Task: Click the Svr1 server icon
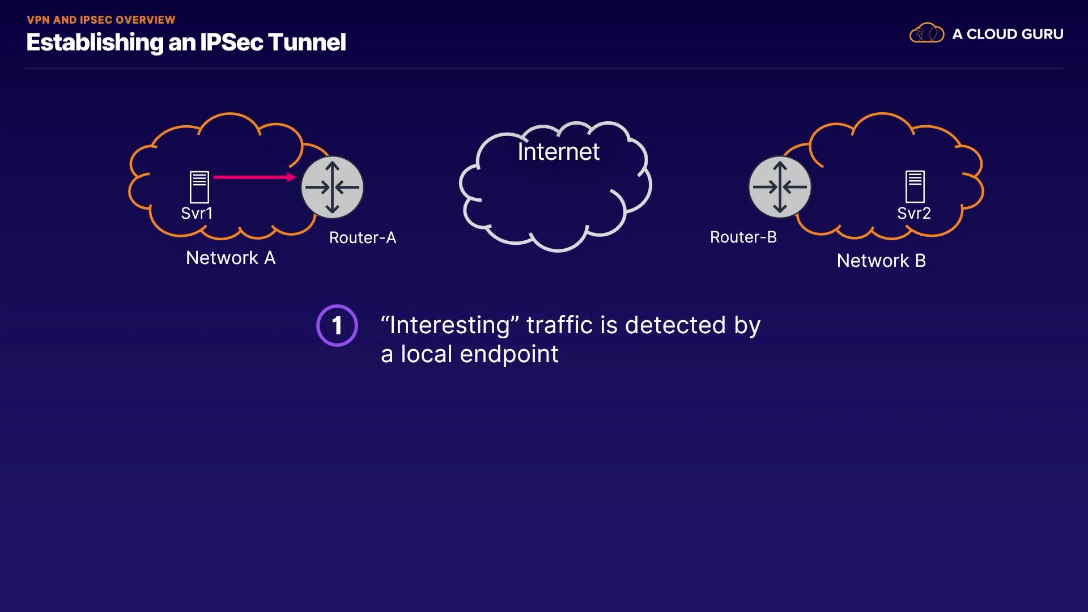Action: [199, 186]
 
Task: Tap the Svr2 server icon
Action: [915, 186]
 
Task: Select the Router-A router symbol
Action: [332, 187]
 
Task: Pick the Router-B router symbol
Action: [780, 187]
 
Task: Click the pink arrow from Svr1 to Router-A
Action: [254, 177]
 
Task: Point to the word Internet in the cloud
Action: [558, 152]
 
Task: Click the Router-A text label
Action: [363, 237]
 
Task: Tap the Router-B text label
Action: [743, 237]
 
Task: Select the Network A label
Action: [231, 258]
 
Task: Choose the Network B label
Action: [881, 261]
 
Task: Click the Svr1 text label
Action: [197, 213]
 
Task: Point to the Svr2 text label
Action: [913, 213]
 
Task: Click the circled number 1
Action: [337, 326]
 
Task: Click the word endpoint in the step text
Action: [509, 355]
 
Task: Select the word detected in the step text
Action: [675, 325]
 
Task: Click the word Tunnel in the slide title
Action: [307, 42]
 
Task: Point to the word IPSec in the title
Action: [231, 42]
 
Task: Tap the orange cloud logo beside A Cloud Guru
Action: [926, 33]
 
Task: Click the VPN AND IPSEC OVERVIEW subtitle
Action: [101, 20]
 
